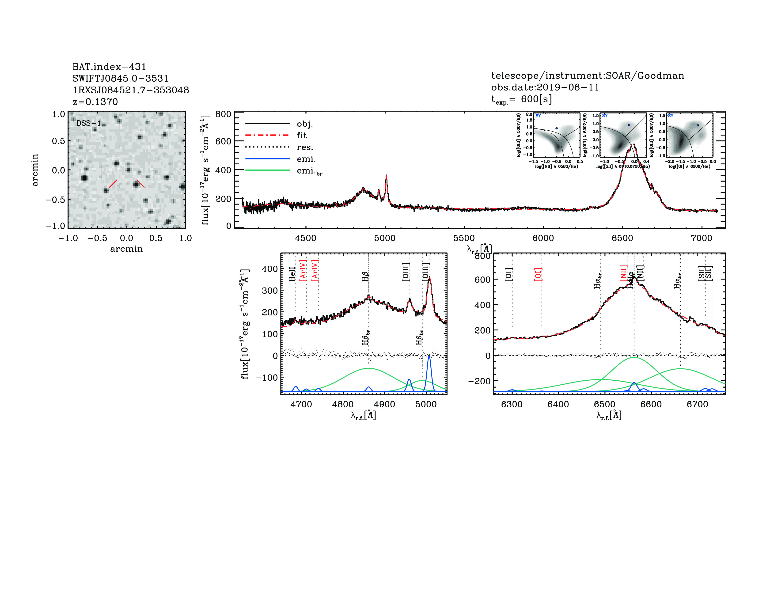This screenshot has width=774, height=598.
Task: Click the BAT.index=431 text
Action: (109, 67)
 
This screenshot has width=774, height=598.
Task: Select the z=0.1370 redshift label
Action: (95, 102)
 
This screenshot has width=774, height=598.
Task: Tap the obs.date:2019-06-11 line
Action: (545, 87)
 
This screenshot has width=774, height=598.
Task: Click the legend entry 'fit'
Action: (302, 135)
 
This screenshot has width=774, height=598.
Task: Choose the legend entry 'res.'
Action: (305, 147)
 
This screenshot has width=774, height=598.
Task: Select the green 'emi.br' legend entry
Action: (309, 171)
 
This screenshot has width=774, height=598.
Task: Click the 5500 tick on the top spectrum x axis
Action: (464, 238)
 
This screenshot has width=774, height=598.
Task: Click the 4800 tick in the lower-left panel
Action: (343, 404)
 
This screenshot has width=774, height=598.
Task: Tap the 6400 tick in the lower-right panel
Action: (558, 404)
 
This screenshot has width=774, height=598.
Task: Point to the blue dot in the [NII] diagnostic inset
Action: (556, 128)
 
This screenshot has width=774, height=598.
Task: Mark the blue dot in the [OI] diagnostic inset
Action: (698, 125)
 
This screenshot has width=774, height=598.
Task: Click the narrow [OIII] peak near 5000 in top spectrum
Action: (386, 175)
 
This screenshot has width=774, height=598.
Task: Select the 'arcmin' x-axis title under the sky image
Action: (126, 249)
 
